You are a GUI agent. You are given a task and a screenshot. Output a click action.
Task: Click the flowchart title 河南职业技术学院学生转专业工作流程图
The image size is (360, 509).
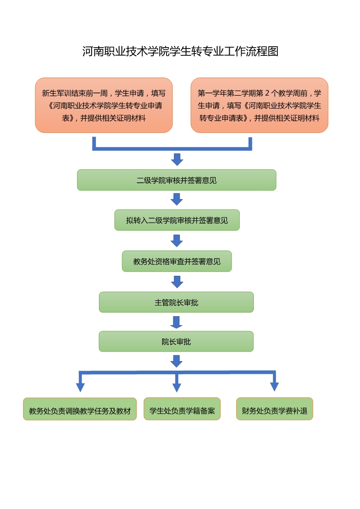click(x=180, y=51)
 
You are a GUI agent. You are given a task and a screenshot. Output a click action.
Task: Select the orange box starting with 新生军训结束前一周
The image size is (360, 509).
click(x=104, y=105)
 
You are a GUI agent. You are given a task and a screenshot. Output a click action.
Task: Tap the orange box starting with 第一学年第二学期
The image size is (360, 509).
click(x=259, y=105)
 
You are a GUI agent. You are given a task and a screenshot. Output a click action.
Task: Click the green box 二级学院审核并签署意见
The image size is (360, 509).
click(x=177, y=180)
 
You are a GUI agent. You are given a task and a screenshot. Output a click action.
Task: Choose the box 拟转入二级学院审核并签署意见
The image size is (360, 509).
click(x=177, y=220)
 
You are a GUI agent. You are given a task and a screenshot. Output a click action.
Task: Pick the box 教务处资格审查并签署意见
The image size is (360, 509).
click(x=177, y=261)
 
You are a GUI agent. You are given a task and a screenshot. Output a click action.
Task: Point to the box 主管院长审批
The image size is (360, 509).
click(x=176, y=302)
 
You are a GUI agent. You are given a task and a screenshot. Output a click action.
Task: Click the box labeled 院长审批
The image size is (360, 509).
click(x=176, y=342)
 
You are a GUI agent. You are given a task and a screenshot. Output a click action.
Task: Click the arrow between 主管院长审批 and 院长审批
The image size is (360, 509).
click(x=176, y=322)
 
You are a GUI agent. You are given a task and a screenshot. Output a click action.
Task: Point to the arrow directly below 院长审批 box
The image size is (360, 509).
click(x=176, y=361)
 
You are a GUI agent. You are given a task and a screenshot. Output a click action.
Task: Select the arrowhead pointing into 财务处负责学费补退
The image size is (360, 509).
click(x=274, y=387)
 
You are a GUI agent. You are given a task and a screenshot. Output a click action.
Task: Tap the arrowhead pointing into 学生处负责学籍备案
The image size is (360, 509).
click(x=177, y=387)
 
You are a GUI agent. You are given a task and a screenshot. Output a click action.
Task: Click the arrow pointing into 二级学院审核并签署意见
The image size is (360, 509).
click(x=177, y=160)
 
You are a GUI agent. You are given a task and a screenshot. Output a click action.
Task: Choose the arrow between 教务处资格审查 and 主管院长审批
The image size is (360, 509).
click(x=177, y=282)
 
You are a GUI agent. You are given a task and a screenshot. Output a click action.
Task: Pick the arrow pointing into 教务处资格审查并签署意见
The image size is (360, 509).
click(x=177, y=240)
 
